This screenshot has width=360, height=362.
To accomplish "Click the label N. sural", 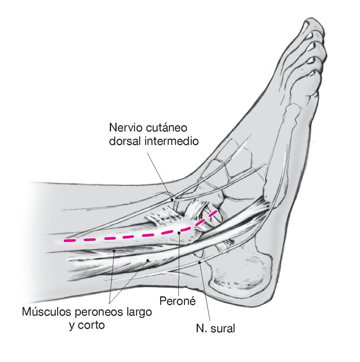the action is [x=215, y=328].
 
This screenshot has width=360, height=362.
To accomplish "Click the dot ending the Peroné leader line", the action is [x=179, y=233].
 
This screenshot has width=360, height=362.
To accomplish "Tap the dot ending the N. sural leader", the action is [x=200, y=262].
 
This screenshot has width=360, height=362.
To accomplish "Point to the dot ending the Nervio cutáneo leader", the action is [x=172, y=200].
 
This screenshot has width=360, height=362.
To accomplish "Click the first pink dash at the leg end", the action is [x=70, y=241].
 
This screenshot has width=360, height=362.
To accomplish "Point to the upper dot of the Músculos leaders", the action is [x=114, y=250].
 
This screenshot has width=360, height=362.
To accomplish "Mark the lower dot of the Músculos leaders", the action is [x=148, y=260].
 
